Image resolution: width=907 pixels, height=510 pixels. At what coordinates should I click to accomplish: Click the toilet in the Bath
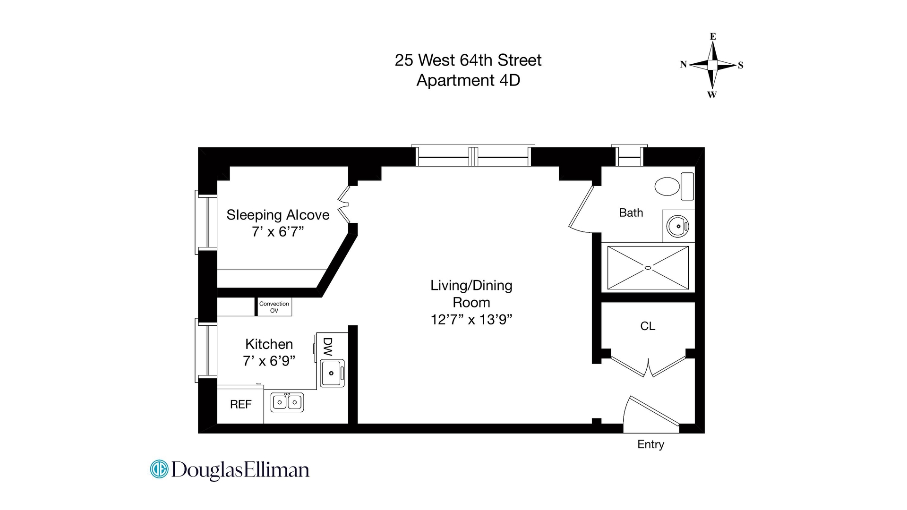click(x=667, y=187)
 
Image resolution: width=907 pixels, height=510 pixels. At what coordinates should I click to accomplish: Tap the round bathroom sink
click(x=678, y=226)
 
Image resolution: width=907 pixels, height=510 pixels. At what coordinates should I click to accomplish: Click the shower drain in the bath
click(x=648, y=268)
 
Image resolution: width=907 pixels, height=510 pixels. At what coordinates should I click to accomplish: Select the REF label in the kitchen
click(x=240, y=404)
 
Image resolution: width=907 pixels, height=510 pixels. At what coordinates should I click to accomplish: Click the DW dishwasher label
click(x=328, y=347)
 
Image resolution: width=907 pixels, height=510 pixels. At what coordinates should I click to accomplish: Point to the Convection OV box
click(x=274, y=307)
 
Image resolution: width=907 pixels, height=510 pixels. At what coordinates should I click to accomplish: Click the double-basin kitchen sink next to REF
click(x=287, y=402)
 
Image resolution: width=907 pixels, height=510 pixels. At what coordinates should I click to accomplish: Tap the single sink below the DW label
click(x=332, y=373)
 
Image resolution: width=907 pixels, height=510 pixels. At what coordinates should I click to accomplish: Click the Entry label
click(x=650, y=444)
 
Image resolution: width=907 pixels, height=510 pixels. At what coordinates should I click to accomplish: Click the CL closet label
click(x=648, y=326)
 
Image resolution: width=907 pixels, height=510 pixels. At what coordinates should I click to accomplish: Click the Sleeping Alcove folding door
click(x=344, y=204)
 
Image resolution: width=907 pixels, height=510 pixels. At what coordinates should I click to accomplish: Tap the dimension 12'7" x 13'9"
click(x=471, y=320)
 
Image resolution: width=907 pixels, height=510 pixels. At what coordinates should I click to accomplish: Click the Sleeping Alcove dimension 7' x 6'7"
click(x=277, y=232)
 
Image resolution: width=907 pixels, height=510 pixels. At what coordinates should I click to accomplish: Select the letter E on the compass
click(x=713, y=36)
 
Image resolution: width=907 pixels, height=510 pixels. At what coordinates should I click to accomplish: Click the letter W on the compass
click(x=712, y=94)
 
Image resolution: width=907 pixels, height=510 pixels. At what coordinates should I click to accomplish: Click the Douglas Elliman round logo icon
click(x=159, y=469)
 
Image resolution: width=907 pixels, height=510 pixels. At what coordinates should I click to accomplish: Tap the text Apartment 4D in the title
click(x=468, y=80)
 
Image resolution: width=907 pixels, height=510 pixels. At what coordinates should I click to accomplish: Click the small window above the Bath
click(x=629, y=156)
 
